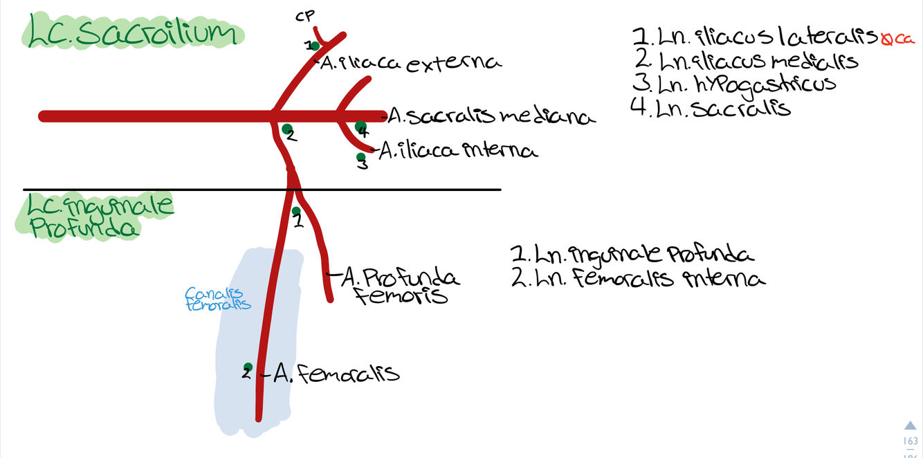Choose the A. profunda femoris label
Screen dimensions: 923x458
point(401,287)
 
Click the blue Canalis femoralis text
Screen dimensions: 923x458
point(218,299)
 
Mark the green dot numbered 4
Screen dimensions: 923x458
point(360,127)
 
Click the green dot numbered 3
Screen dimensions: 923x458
point(360,158)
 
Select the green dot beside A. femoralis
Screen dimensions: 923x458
point(248,367)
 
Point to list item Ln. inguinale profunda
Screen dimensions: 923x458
point(632,255)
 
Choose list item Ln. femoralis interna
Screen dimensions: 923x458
point(637,279)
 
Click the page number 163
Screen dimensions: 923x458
point(911,441)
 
